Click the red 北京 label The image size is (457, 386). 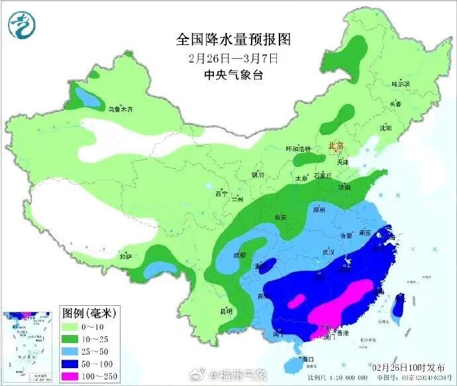[336, 145]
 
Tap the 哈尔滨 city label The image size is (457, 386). [401, 84]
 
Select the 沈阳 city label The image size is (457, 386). [385, 127]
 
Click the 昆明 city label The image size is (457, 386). [226, 311]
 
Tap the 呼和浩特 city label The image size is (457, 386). [297, 149]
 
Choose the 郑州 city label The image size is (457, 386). [319, 209]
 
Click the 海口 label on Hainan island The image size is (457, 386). [305, 359]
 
